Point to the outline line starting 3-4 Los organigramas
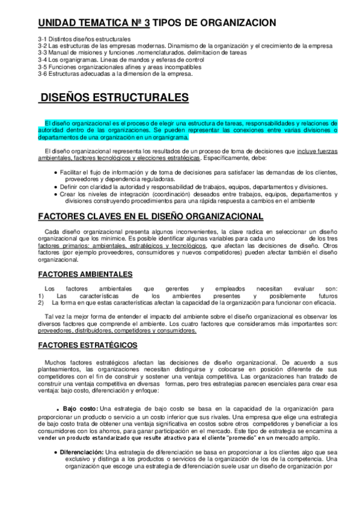120,61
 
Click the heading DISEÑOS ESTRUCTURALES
114,97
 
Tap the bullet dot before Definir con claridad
55,187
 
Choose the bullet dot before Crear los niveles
55,194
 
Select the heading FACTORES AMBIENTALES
85,274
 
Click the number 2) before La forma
41,303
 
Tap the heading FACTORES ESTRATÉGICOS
88,345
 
